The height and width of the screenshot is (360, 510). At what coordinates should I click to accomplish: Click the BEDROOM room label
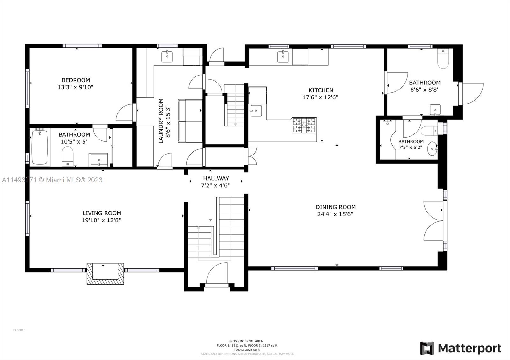coord(76,80)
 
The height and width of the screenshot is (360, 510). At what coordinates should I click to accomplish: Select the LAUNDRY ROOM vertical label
coord(161,121)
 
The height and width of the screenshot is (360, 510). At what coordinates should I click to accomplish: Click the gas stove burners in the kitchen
coord(304,125)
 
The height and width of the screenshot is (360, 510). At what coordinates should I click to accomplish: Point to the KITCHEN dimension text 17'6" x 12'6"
coord(320,97)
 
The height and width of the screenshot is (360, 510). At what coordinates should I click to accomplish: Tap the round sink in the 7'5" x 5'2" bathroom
coord(432,149)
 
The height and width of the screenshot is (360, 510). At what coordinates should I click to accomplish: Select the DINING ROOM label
coord(335,207)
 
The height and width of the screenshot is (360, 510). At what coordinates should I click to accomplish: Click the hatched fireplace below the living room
coord(105,274)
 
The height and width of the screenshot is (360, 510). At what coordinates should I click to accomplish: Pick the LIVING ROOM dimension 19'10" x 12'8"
coord(101,220)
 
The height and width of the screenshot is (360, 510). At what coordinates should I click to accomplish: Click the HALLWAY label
coord(216,178)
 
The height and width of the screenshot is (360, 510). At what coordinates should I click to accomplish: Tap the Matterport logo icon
coord(427,348)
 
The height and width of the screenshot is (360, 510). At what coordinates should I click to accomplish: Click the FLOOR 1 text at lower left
coord(19,330)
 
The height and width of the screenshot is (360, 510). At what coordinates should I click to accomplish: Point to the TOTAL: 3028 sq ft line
coord(245,349)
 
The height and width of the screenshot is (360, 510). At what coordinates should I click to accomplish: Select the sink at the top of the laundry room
coord(167,57)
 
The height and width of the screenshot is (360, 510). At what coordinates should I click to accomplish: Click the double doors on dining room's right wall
coord(434,220)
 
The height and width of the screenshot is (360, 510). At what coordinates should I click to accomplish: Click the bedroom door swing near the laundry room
coord(125,113)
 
